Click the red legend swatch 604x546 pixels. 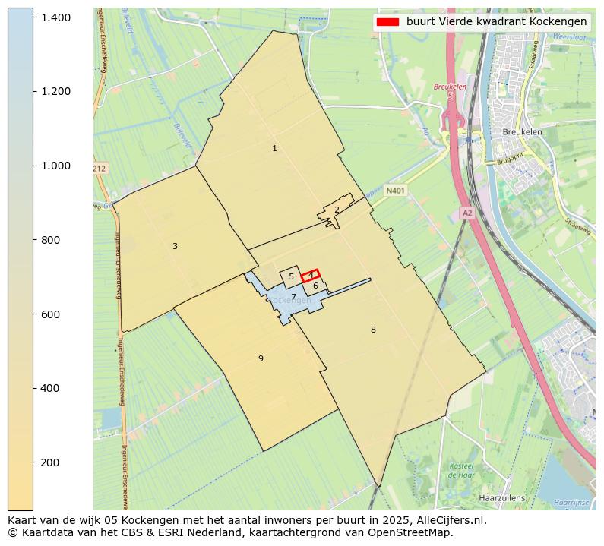[x=387, y=22]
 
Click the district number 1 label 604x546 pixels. [x=274, y=149]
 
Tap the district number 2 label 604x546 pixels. [x=337, y=210]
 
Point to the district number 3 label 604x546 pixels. [x=175, y=246]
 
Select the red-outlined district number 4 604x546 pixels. [x=311, y=275]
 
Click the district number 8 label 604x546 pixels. [x=373, y=330]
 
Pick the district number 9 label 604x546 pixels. [x=261, y=358]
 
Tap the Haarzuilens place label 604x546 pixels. [x=501, y=498]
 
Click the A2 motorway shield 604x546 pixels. [x=467, y=213]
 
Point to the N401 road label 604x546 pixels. [x=395, y=191]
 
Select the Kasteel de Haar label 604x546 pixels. [x=461, y=470]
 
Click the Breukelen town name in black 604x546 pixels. [x=522, y=131]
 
